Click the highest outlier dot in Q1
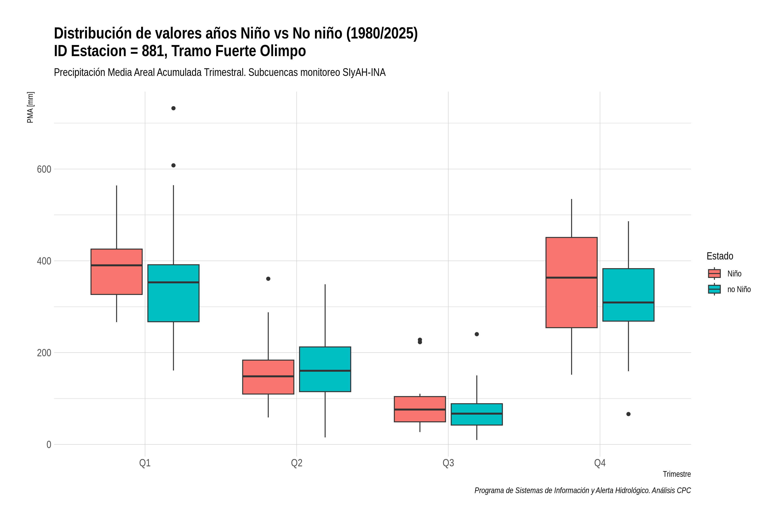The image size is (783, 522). click(x=173, y=108)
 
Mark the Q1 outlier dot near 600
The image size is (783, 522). click(x=173, y=166)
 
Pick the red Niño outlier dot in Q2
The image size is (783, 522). click(x=268, y=279)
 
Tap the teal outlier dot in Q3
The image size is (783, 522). click(x=477, y=334)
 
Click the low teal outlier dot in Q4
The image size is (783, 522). click(x=629, y=414)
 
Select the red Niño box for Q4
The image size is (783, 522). click(x=572, y=283)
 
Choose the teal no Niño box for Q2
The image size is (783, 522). click(x=325, y=369)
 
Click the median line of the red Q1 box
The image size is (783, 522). click(x=117, y=265)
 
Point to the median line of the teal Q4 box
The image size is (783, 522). click(x=629, y=303)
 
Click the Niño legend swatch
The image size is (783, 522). click(x=714, y=274)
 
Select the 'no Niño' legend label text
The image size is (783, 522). click(x=739, y=289)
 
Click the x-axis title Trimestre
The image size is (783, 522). click(x=677, y=474)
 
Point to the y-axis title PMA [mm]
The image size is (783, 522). click(x=30, y=107)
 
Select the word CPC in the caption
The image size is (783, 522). click(x=684, y=490)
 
